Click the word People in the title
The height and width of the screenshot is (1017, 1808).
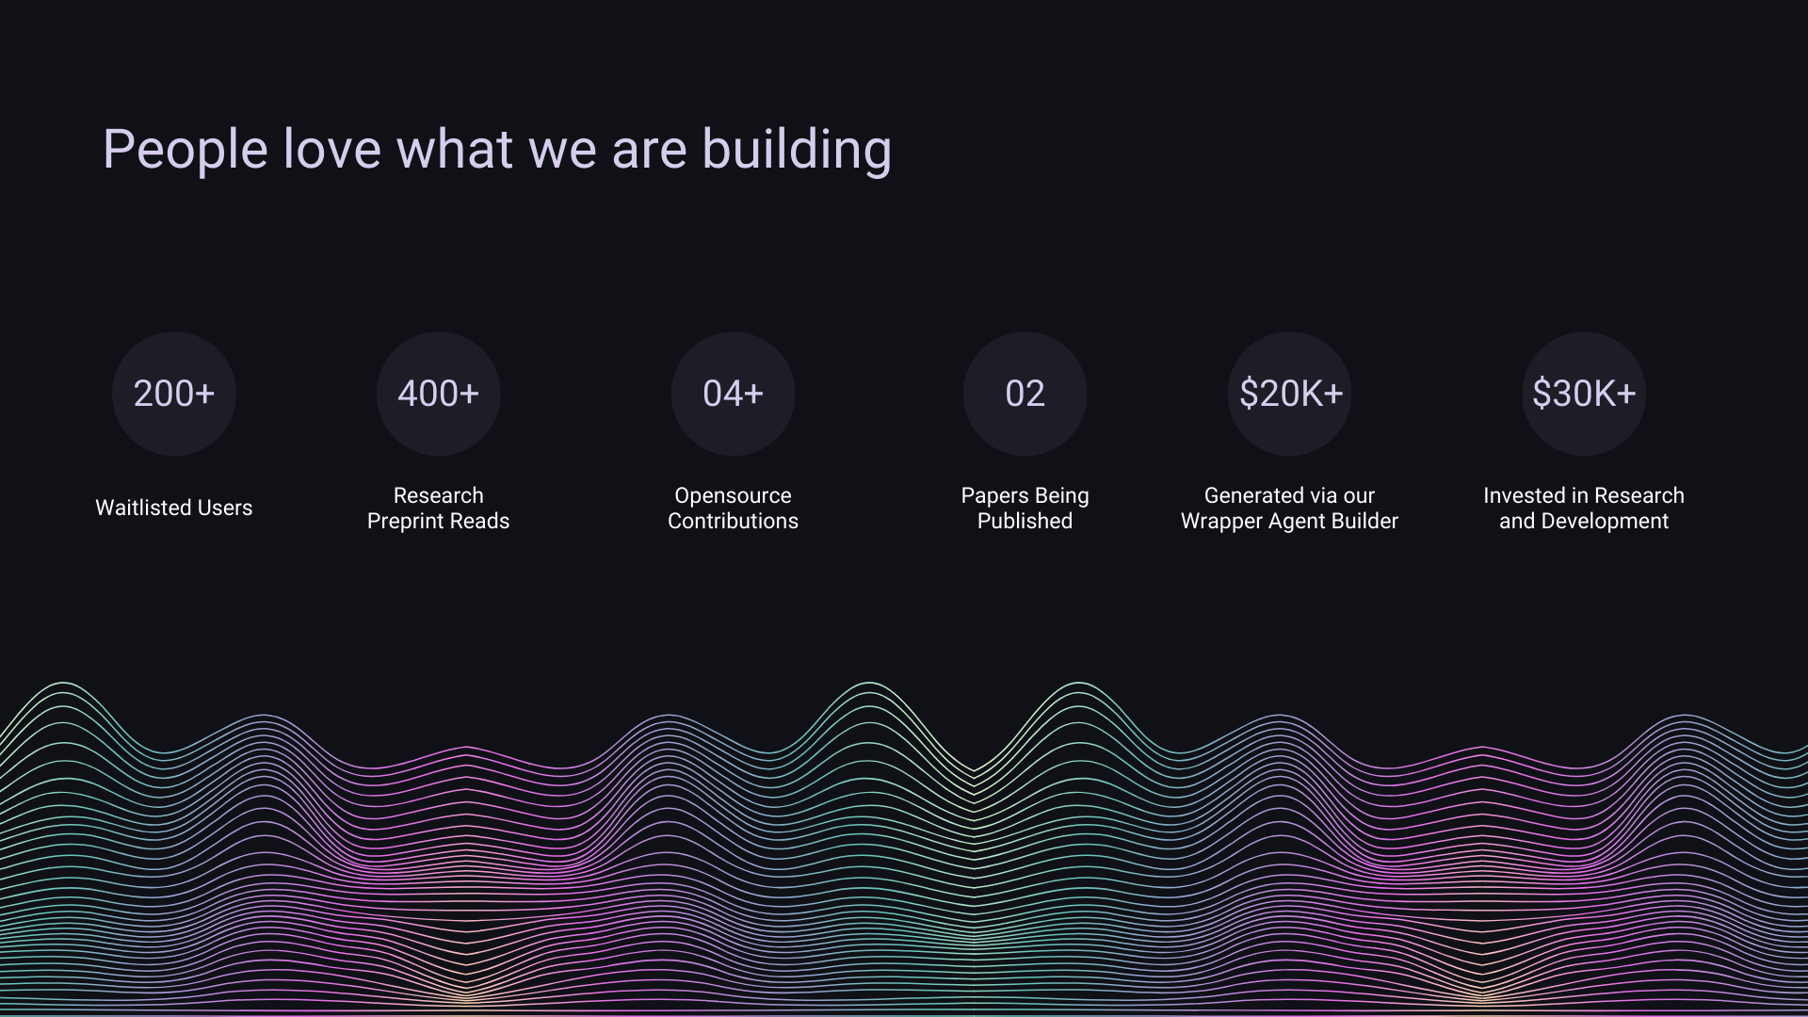(185, 150)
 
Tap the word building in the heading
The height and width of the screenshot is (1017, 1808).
(797, 150)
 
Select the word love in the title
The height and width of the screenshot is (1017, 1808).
(332, 149)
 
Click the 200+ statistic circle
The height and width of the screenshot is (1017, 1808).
(174, 394)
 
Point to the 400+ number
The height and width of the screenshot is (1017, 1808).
(438, 394)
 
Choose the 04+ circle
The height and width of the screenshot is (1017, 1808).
(733, 394)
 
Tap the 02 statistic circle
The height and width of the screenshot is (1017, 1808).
(1025, 394)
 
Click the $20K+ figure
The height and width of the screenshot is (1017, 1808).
(1290, 394)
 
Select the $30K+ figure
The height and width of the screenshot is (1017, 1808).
(1584, 394)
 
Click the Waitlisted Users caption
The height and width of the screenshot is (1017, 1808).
(174, 508)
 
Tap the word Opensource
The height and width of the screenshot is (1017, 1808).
(733, 495)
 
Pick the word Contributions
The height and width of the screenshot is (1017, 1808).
(733, 521)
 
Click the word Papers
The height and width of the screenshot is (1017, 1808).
(993, 495)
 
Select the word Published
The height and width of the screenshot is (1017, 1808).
(1025, 521)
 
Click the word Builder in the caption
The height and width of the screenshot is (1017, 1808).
(1364, 521)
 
